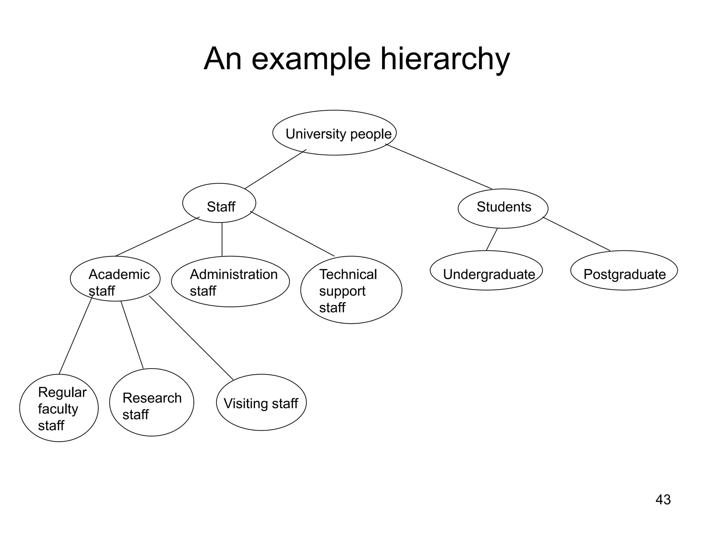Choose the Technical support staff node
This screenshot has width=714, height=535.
tap(351, 290)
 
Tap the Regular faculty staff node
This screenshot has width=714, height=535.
tap(59, 408)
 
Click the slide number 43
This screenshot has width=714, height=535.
tap(663, 499)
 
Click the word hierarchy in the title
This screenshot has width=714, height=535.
tap(445, 59)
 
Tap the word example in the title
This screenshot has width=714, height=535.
tap(311, 59)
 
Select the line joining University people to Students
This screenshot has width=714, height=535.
tap(439, 166)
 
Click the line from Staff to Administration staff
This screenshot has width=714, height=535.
tap(222, 240)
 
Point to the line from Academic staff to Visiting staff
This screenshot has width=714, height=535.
tap(191, 338)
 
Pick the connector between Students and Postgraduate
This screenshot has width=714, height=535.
tap(576, 234)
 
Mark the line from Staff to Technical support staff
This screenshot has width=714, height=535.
tap(292, 234)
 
